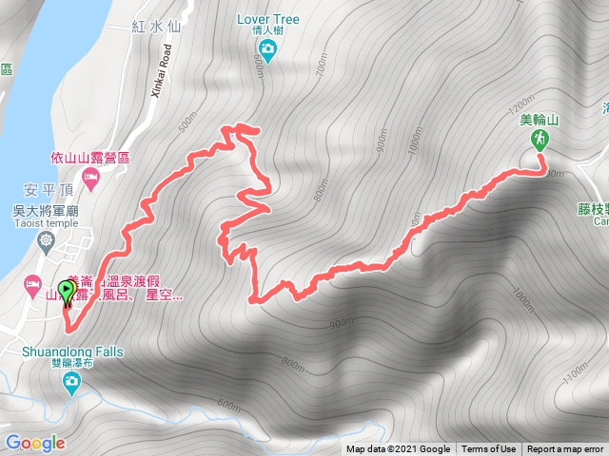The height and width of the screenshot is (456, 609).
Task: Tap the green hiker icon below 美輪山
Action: point(540,140)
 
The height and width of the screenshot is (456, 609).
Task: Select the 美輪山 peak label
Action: point(540,120)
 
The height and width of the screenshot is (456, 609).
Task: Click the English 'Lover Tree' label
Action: point(268,18)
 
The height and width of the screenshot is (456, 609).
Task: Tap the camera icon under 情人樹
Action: point(268,48)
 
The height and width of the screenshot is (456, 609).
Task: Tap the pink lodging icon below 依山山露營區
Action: point(91,177)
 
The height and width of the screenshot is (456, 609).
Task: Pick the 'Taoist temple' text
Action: point(46,224)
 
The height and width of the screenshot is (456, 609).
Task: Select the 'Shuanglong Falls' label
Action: point(72,351)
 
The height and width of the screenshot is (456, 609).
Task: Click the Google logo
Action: point(34,443)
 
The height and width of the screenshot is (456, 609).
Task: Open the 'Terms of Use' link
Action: point(488,449)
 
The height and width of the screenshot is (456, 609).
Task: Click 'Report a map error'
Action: point(565,449)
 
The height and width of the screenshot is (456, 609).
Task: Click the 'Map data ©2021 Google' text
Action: point(398,449)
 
